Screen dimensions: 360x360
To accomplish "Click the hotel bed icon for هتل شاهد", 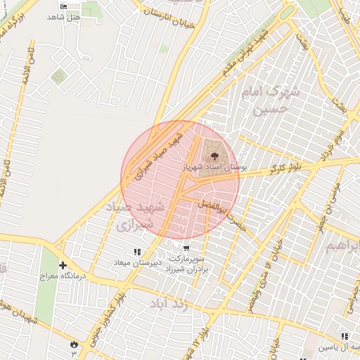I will (65, 6).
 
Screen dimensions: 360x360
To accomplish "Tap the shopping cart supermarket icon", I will (186, 248).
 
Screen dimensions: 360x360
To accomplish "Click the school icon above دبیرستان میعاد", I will (137, 252).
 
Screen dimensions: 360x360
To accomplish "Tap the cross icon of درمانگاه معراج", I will (63, 266).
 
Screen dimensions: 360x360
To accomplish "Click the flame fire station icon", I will (73, 343).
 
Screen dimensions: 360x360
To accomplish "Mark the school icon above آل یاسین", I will (345, 337).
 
